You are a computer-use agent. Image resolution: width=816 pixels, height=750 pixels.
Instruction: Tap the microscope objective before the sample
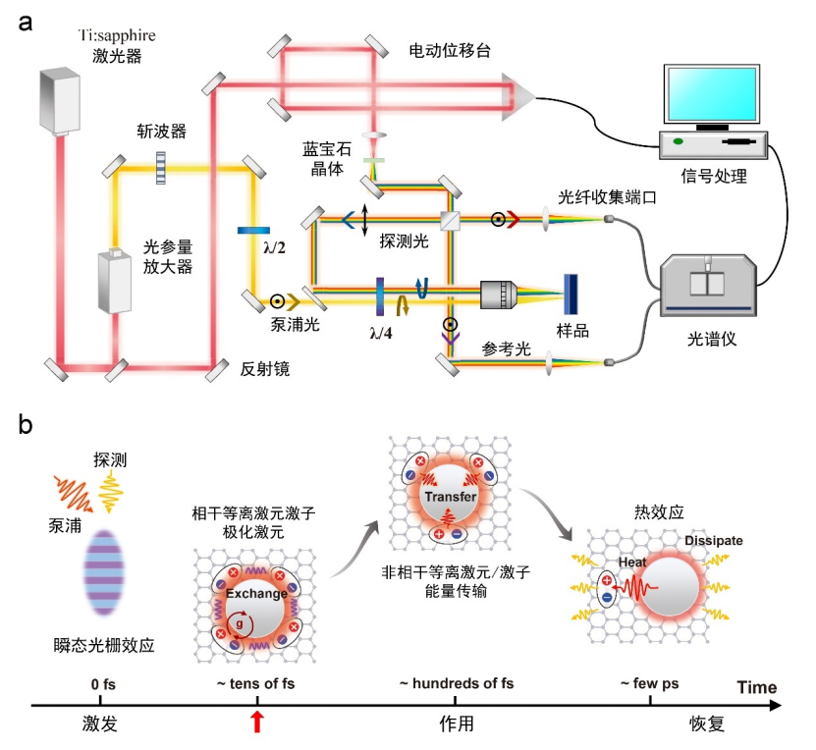click(504, 295)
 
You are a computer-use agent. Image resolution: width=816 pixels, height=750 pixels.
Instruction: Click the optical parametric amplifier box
click(114, 280)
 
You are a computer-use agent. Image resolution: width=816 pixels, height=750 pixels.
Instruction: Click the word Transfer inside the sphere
click(450, 498)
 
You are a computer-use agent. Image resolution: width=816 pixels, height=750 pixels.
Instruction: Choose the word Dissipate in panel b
click(714, 541)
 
